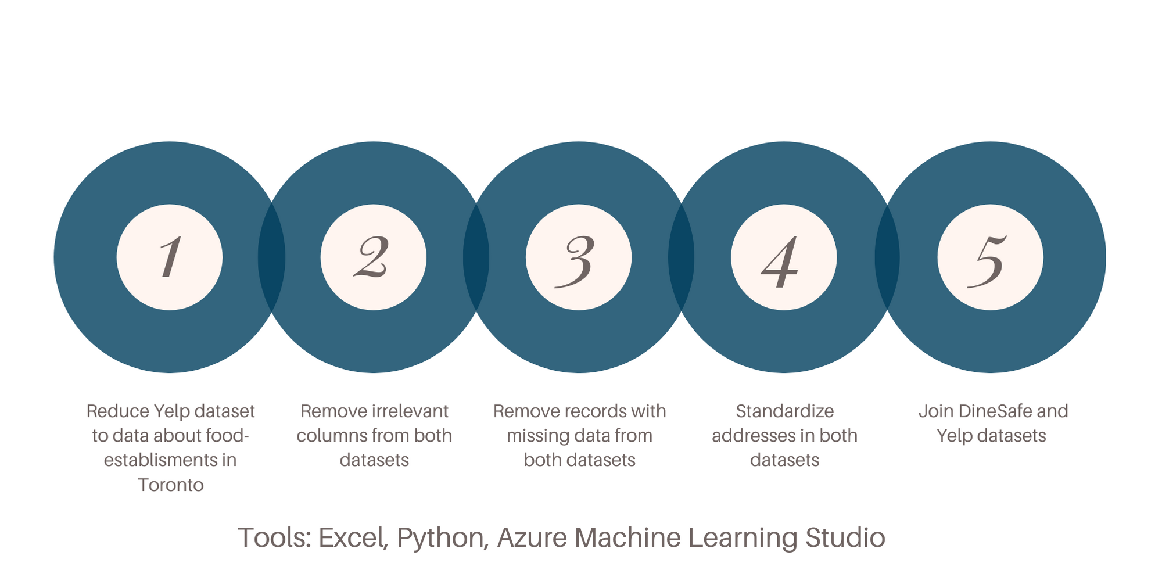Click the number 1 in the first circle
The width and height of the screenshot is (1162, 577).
pos(170,257)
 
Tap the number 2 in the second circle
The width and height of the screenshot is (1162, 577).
pos(372,257)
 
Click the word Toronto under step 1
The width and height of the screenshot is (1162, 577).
pos(171,485)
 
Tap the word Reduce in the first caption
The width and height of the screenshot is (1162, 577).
pos(117,411)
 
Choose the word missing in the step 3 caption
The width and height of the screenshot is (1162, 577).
pos(537,436)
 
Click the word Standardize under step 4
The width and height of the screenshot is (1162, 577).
pos(784,411)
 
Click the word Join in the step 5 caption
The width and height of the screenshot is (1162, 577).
pos(936,411)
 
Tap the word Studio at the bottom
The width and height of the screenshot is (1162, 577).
pos(845,537)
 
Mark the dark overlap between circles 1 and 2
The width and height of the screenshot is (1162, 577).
pos(271,257)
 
